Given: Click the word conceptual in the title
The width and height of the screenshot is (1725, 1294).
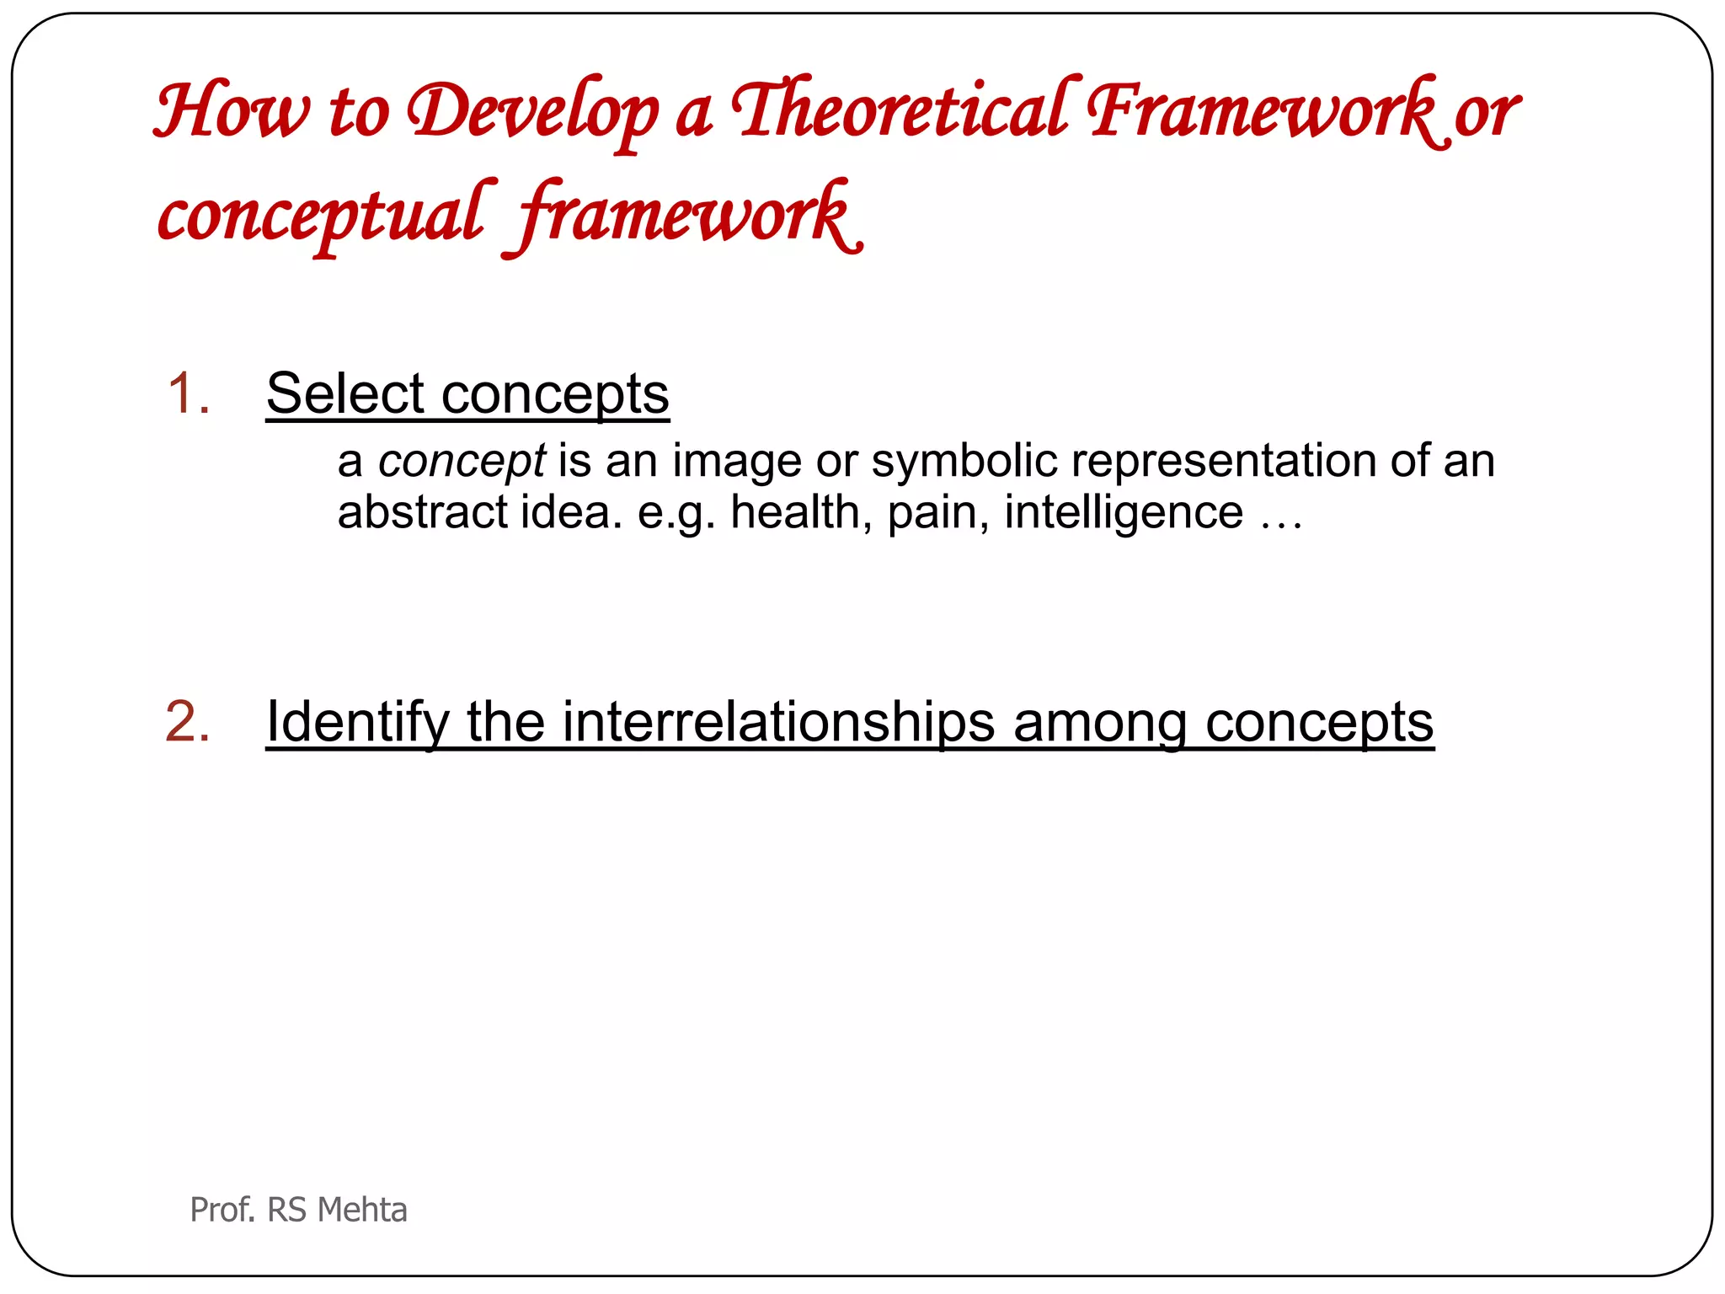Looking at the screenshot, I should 323,216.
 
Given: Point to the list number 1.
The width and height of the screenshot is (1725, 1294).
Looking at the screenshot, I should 188,393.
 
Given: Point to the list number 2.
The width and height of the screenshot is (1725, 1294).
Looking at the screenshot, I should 188,722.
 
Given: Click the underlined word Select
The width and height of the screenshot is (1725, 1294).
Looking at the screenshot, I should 345,393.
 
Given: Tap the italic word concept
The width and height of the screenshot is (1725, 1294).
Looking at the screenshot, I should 462,462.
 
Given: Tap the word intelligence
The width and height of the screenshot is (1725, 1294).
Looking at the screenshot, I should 1124,512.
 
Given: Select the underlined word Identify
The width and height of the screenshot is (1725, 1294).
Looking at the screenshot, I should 358,723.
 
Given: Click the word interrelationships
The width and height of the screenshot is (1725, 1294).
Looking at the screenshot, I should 778,723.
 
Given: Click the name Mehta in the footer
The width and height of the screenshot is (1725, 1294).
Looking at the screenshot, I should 363,1210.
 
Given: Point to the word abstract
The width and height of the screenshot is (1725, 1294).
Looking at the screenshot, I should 423,512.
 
